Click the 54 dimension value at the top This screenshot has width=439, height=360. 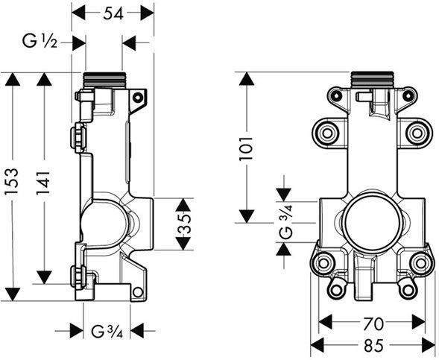click(x=113, y=13)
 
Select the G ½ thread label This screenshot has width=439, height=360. click(x=40, y=42)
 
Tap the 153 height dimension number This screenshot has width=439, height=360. click(x=13, y=181)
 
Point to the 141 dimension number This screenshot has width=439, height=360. click(x=44, y=182)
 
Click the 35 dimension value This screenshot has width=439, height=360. click(x=185, y=224)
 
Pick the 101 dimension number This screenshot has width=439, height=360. click(x=246, y=148)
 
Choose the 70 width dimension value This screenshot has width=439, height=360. click(x=374, y=324)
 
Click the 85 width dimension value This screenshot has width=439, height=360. click(x=374, y=345)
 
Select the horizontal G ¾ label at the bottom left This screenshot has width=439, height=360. click(x=107, y=332)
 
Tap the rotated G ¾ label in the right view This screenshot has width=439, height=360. click(x=286, y=221)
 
